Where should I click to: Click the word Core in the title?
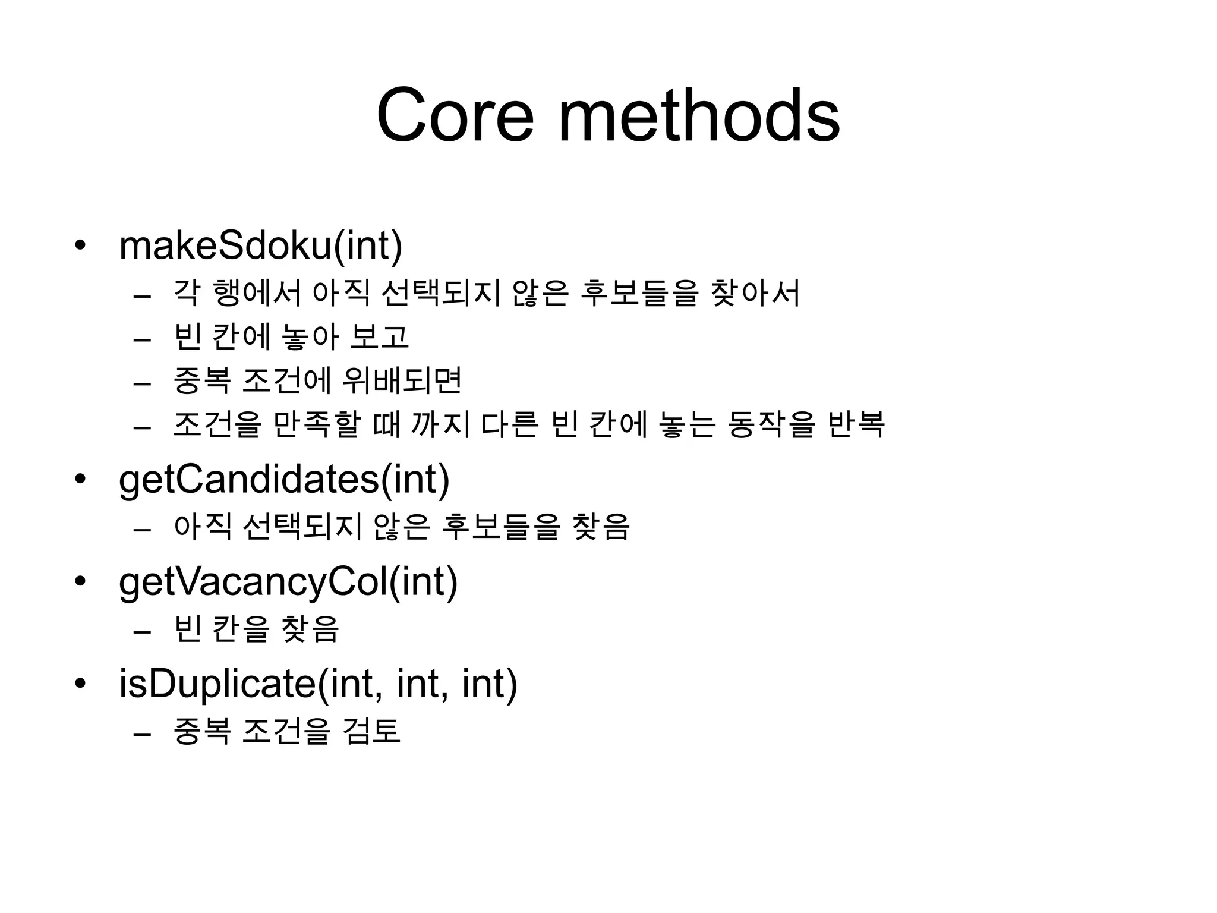[x=455, y=115]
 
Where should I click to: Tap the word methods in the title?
[x=699, y=115]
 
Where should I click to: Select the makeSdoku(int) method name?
[x=261, y=245]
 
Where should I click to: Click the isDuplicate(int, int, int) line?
[x=319, y=684]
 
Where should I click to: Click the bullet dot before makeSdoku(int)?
[x=80, y=245]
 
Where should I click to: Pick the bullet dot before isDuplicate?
[x=80, y=684]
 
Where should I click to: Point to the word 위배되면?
[x=402, y=380]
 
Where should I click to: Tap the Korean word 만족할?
[x=317, y=424]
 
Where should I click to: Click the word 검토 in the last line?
[x=371, y=731]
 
